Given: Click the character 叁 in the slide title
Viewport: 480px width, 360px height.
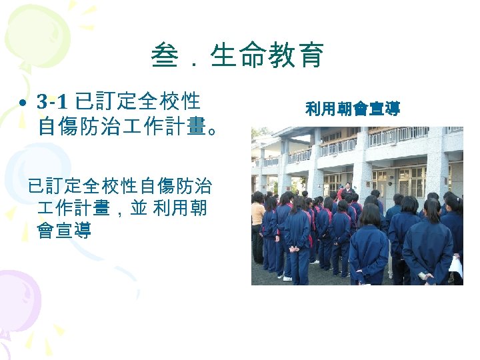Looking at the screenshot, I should click(163, 55).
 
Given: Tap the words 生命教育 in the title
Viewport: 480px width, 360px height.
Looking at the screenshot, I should click(267, 55).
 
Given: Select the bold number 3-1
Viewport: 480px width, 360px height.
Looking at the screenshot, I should click(52, 102).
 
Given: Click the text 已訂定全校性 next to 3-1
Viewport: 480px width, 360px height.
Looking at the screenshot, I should click(139, 102).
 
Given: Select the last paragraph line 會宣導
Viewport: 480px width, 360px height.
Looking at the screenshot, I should click(65, 231).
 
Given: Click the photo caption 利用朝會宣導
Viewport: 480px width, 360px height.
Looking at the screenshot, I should click(352, 109).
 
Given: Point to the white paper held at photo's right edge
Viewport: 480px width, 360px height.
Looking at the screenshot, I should click(456, 267).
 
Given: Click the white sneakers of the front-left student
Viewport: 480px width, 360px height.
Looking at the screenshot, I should click(287, 277).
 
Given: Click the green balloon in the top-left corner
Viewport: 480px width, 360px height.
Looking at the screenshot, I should click(33, 27).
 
